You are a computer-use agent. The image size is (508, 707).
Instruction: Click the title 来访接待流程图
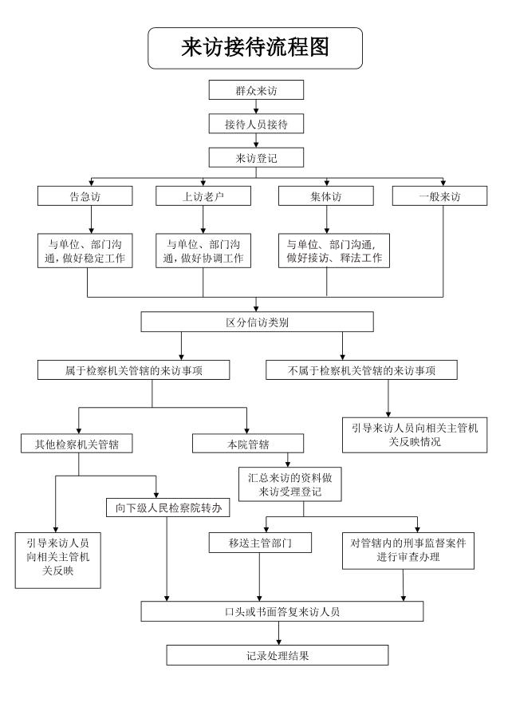[x=255, y=47]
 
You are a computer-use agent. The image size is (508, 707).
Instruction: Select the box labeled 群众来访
[x=256, y=90]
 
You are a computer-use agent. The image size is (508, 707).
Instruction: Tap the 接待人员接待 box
[x=256, y=124]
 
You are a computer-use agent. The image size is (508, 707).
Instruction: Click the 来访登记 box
[x=256, y=158]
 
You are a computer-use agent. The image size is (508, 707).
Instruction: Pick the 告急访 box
[x=85, y=196]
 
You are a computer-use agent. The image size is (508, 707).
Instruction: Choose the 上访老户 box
[x=203, y=196]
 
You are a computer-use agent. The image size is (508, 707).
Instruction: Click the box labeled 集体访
[x=326, y=196]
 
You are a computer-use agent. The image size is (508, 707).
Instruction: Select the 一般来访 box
[x=440, y=196]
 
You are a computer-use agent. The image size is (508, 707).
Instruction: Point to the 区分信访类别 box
[x=258, y=322]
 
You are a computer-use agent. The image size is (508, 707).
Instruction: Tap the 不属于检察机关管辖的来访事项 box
[x=361, y=370]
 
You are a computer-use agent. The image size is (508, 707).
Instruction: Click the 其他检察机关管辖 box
[x=77, y=444]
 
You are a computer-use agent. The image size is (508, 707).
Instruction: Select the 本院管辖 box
[x=248, y=444]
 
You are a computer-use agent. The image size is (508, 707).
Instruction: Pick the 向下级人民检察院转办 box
[x=168, y=508]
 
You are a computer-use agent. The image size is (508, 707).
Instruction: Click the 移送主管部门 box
[x=260, y=543]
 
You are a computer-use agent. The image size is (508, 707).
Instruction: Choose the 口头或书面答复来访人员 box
[x=282, y=611]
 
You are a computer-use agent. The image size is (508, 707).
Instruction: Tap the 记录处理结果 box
[x=278, y=655]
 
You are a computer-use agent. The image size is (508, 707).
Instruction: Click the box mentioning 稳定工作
[x=85, y=251]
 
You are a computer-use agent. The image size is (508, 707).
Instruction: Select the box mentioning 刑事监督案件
[x=408, y=551]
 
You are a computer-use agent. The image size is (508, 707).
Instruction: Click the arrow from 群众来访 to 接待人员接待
[x=256, y=107]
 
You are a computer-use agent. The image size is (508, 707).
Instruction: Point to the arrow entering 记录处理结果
[x=278, y=633]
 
